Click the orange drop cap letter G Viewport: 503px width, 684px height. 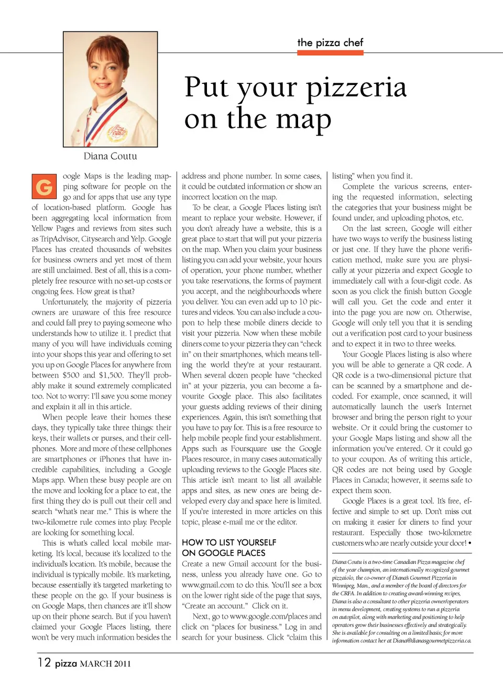(x=44, y=187)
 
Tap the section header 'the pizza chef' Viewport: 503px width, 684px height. (x=330, y=42)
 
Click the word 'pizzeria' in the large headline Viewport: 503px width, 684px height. (x=356, y=87)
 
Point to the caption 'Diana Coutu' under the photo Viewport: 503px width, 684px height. (x=110, y=156)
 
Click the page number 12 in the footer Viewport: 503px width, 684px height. (x=44, y=663)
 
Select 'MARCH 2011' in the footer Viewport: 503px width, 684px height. (x=105, y=664)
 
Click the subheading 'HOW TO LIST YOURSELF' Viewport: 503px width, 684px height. (x=229, y=542)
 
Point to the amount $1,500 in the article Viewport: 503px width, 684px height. (x=111, y=375)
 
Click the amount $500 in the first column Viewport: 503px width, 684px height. (x=71, y=375)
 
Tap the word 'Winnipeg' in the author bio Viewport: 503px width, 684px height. (x=344, y=585)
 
